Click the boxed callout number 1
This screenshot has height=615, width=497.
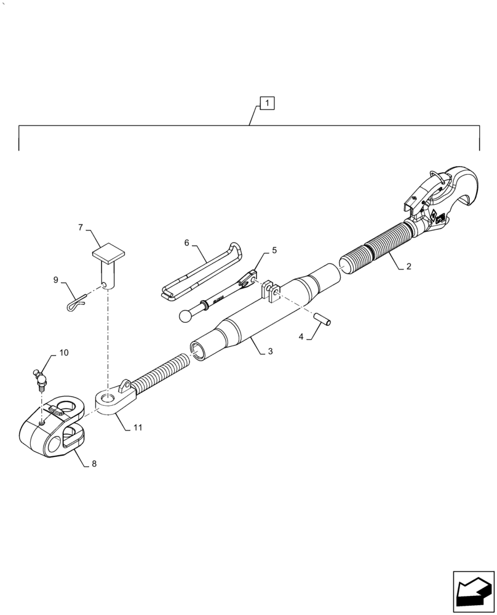[268, 103]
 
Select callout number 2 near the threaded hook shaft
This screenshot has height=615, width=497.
[408, 268]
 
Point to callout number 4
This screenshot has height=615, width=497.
[301, 336]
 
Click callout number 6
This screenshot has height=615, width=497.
[187, 243]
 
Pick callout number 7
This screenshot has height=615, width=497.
[81, 228]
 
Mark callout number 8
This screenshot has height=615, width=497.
[93, 464]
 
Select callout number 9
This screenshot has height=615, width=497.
[56, 280]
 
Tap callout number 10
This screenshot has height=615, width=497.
[63, 353]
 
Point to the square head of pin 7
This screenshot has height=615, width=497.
[108, 253]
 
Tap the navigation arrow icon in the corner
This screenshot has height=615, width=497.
[473, 591]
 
